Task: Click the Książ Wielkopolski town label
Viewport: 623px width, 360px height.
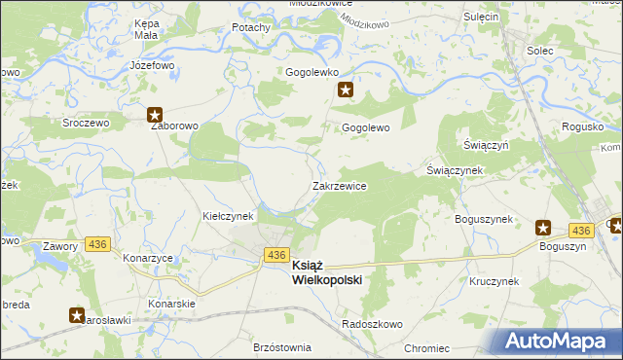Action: (326, 272)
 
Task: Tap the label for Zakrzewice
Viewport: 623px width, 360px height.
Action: (339, 185)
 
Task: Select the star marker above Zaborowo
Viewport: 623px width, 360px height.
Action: (156, 113)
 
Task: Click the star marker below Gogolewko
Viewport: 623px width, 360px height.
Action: (345, 90)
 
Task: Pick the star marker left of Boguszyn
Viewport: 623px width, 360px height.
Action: (543, 229)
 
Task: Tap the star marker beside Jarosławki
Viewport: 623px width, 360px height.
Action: (77, 314)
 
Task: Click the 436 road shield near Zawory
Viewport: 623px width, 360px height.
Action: (96, 243)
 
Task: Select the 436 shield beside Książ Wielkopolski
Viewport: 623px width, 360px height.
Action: (275, 254)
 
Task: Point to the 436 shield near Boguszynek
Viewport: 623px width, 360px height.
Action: (581, 230)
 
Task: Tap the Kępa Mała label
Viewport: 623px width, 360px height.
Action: (146, 27)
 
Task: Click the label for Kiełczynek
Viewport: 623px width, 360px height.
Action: (228, 215)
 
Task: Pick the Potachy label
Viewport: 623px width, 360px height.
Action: (250, 27)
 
